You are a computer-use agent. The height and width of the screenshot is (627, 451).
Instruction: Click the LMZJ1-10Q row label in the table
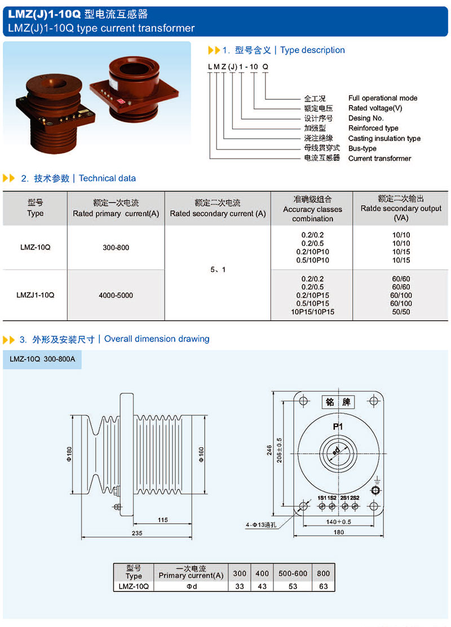[x=36, y=295]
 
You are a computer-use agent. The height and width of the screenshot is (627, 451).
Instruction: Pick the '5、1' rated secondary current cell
[x=217, y=270]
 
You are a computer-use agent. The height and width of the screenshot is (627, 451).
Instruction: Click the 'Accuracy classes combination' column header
[x=312, y=209]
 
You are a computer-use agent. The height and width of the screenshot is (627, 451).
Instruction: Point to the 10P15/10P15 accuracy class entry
[x=312, y=312]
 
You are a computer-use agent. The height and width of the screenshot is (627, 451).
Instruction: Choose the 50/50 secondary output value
[x=401, y=312]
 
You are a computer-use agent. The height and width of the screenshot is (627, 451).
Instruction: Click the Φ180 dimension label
[x=69, y=455]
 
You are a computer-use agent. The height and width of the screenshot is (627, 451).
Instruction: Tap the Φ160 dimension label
[x=201, y=455]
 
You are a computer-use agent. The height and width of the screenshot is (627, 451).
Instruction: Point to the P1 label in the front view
[x=338, y=427]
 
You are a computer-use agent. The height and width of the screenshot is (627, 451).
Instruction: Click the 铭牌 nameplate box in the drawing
[x=338, y=402]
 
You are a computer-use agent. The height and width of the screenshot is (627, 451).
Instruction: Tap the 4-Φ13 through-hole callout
[x=262, y=525]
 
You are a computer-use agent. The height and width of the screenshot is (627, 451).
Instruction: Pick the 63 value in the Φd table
[x=323, y=586]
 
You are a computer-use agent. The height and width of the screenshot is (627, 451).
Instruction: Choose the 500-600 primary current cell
[x=293, y=573]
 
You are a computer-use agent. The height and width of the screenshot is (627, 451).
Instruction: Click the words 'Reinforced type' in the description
[x=373, y=128]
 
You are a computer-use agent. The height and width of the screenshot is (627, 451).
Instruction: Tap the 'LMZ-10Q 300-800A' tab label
[x=42, y=359]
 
